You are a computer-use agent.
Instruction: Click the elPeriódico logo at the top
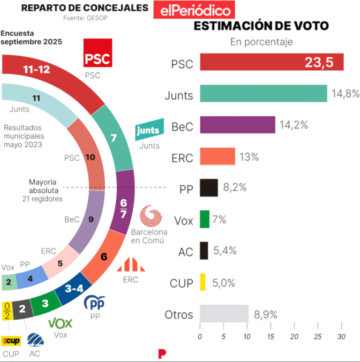pos(192,10)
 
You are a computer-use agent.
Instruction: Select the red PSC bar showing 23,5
pos(271,62)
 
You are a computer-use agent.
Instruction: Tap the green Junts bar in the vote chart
pos(263,93)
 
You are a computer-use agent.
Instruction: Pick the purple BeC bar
pos(237,124)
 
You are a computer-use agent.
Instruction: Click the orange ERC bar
pos(217,156)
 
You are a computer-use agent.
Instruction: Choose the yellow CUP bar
pos(202,282)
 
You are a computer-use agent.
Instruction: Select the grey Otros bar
pos(224,313)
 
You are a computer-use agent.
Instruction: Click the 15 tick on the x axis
pos(271,337)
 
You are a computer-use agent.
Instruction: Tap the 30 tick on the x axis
pos(342,337)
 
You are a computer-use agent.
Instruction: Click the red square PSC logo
pos(97,54)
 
